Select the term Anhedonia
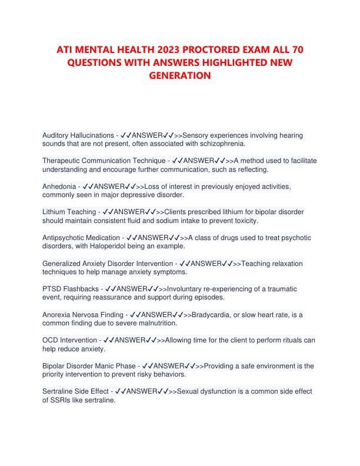coord(61,186)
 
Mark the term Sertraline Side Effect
coord(76,391)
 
